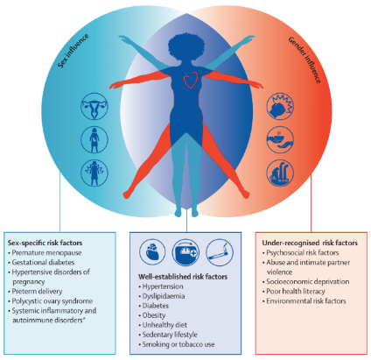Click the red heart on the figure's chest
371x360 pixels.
[x=190, y=80]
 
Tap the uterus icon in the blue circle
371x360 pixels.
[x=94, y=106]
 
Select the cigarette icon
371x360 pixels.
[x=220, y=252]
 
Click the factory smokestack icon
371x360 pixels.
[x=280, y=173]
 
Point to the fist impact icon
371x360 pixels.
[x=280, y=106]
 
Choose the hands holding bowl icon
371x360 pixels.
[x=280, y=139]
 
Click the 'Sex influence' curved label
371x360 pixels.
[x=73, y=51]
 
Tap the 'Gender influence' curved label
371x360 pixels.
[x=305, y=60]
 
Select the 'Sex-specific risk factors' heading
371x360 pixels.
[x=45, y=243]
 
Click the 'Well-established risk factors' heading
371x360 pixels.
[x=183, y=277]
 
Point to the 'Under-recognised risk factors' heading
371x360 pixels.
[x=310, y=243]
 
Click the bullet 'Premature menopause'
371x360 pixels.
[x=46, y=253]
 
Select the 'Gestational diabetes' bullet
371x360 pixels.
[x=43, y=263]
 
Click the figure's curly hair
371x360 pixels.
[x=186, y=46]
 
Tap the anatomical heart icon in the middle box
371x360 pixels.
[x=152, y=252]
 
